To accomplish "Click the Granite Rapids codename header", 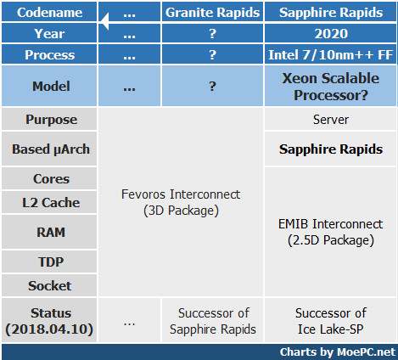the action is (212, 12).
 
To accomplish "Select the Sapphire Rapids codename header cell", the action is (331, 12).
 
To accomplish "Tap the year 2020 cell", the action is (331, 33).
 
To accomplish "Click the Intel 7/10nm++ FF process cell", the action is (331, 54).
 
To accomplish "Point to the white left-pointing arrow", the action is (105, 21).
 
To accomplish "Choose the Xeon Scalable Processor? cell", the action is (331, 87).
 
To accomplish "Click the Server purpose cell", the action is (331, 120).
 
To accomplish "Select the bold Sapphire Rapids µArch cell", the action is (331, 149).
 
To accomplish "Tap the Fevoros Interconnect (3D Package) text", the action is (181, 202).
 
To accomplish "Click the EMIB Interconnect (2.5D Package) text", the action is (331, 232).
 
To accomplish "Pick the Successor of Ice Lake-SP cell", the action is (331, 321).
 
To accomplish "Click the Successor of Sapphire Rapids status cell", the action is (213, 321).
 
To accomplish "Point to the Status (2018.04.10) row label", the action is (49, 321).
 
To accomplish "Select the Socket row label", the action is (49, 285).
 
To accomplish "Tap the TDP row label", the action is (49, 262).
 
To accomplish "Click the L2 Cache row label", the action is (49, 203).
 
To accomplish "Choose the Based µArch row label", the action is (49, 149).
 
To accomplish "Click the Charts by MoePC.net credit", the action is (337, 352).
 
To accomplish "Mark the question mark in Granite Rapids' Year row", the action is (212, 34).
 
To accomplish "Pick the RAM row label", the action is (49, 232).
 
